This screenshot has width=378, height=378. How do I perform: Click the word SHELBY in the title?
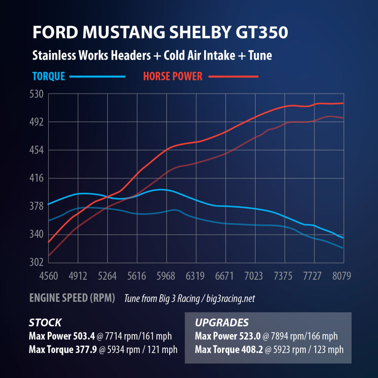pyautogui.click(x=202, y=33)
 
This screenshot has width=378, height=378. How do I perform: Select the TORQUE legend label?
pyautogui.click(x=49, y=76)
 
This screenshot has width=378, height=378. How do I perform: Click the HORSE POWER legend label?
pyautogui.click(x=172, y=76)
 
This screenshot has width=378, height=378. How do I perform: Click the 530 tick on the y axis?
pyautogui.click(x=37, y=94)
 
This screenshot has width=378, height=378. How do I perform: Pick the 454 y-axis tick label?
pyautogui.click(x=37, y=150)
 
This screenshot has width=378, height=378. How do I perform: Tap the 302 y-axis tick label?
pyautogui.click(x=37, y=262)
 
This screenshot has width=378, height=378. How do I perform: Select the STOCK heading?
pyautogui.click(x=45, y=323)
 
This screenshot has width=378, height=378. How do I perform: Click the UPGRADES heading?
pyautogui.click(x=222, y=323)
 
